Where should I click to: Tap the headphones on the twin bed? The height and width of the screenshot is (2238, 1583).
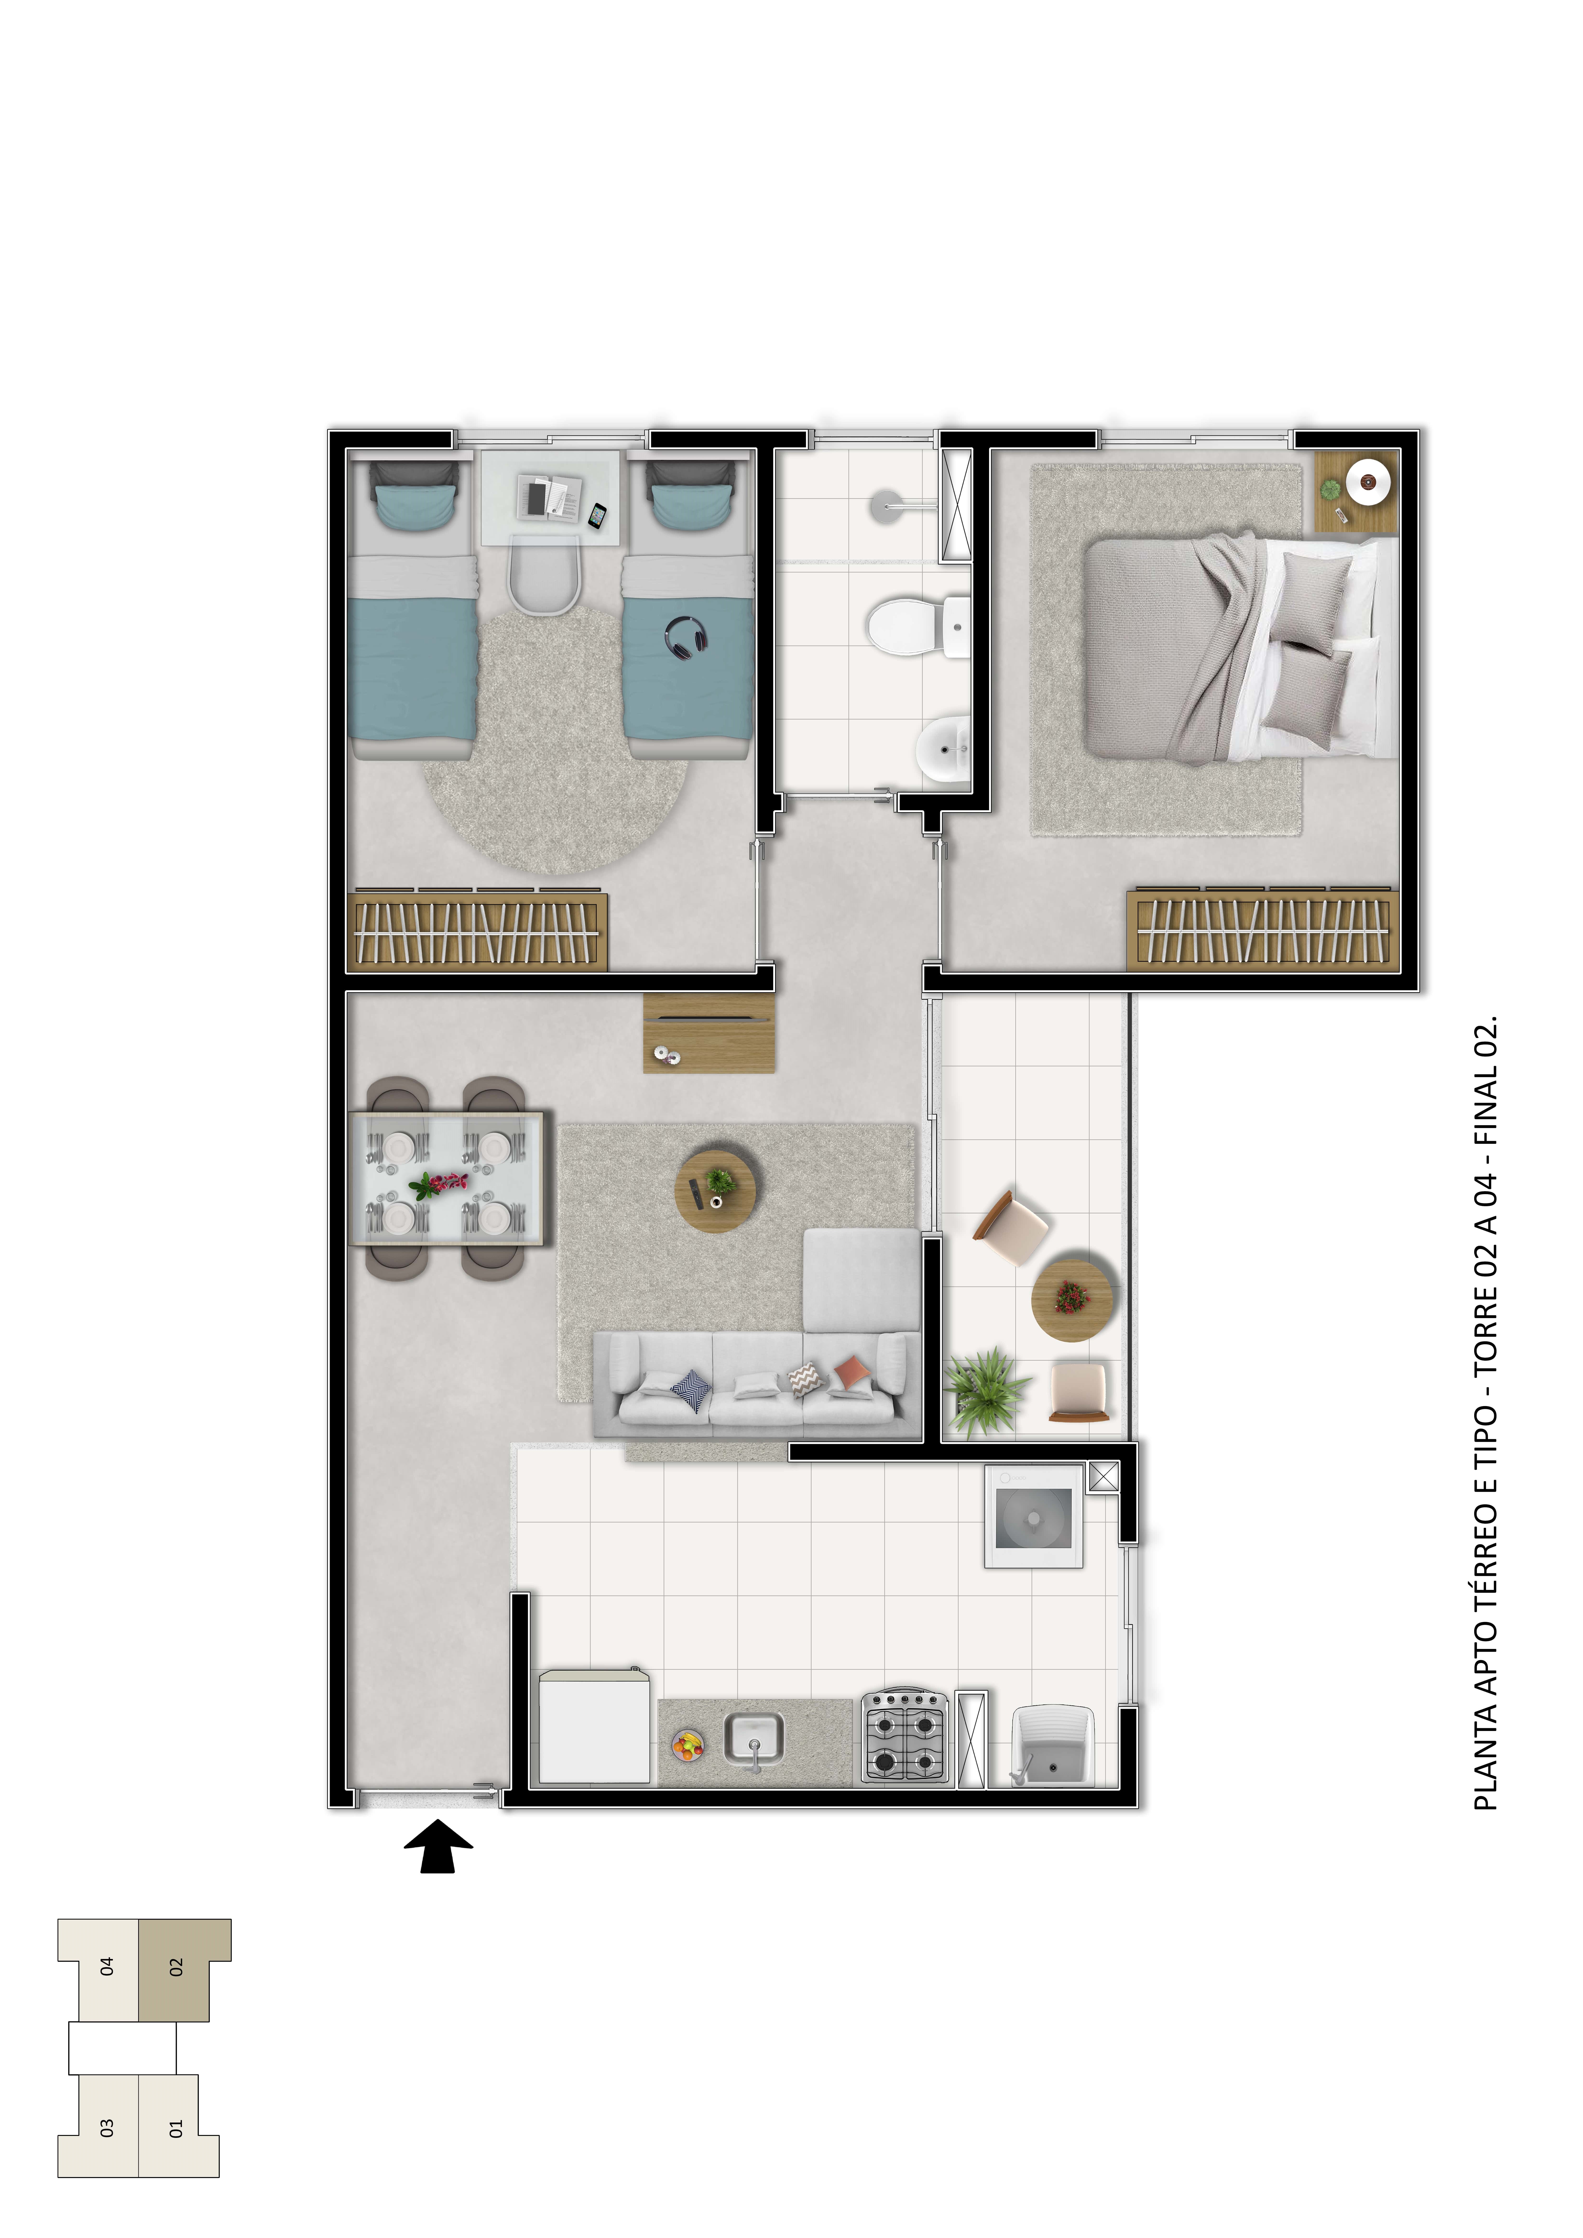click(x=686, y=636)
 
